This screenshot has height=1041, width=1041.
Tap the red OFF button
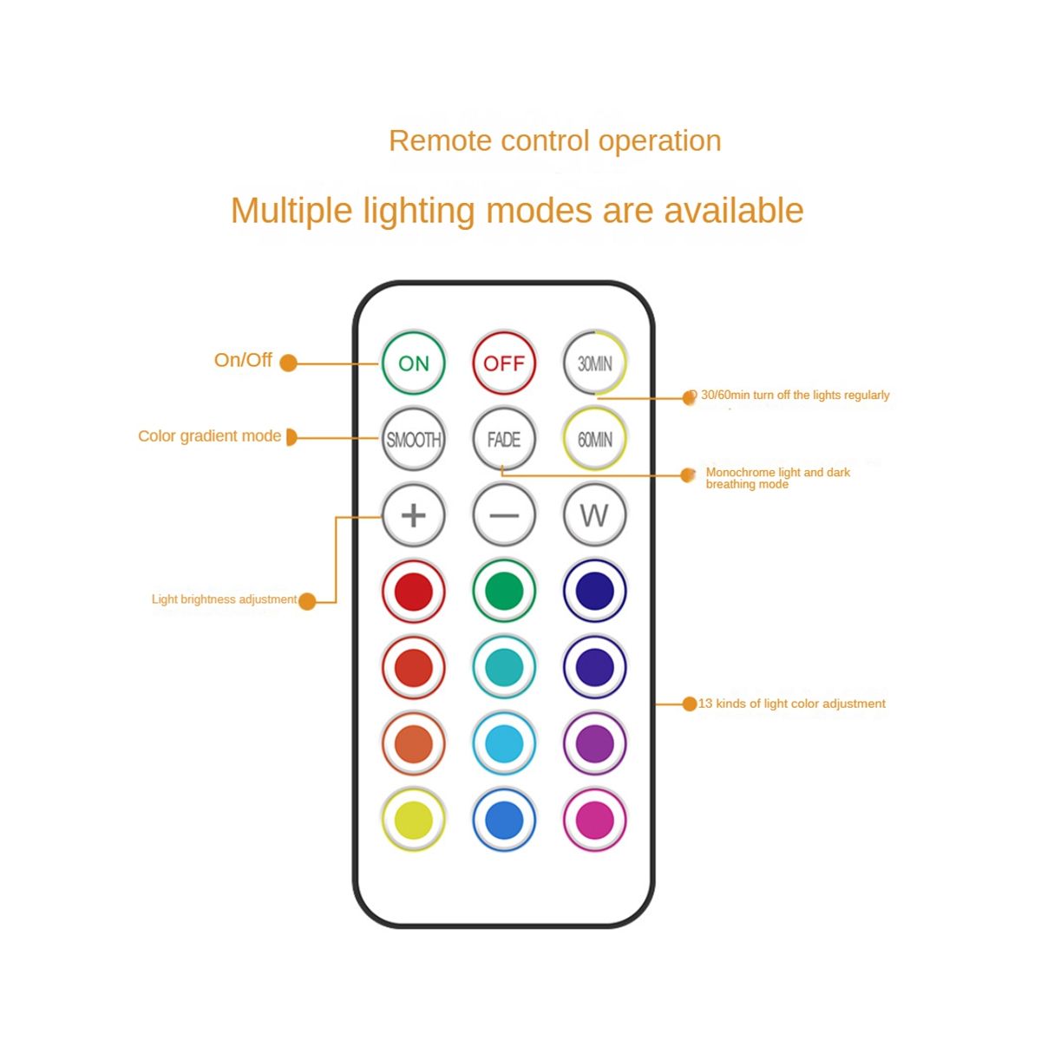pyautogui.click(x=504, y=363)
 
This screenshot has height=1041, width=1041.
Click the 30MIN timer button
pyautogui.click(x=594, y=363)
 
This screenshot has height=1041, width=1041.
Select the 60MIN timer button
pyautogui.click(x=594, y=439)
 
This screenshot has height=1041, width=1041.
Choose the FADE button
pyautogui.click(x=504, y=439)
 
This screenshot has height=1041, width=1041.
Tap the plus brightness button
pyautogui.click(x=414, y=515)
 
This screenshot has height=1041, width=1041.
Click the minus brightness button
pyautogui.click(x=504, y=515)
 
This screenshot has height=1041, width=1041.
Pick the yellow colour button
pyautogui.click(x=414, y=820)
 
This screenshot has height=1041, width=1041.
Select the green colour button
pyautogui.click(x=504, y=591)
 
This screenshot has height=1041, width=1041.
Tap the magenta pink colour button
pyautogui.click(x=594, y=820)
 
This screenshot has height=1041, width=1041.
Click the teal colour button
pyautogui.click(x=504, y=667)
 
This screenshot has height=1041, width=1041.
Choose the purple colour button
pyautogui.click(x=594, y=743)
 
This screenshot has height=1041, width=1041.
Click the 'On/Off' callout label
pyautogui.click(x=243, y=360)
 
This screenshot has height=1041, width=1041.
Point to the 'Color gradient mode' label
pyautogui.click(x=209, y=435)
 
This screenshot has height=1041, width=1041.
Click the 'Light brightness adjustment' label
pyautogui.click(x=224, y=599)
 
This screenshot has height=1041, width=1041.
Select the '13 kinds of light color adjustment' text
pyautogui.click(x=792, y=704)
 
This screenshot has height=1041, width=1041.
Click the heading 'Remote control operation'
pyautogui.click(x=555, y=141)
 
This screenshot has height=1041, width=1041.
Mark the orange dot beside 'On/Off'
pyautogui.click(x=289, y=363)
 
